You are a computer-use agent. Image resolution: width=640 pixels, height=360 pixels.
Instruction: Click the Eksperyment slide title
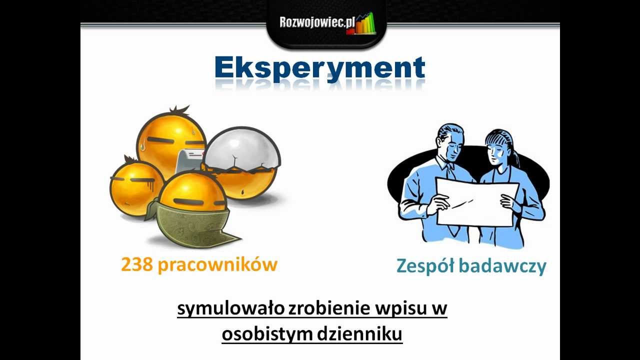[x=320, y=69]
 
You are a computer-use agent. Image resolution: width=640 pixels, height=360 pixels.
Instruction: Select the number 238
[x=137, y=264]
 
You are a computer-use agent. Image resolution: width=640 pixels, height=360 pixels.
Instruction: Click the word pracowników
[x=217, y=265]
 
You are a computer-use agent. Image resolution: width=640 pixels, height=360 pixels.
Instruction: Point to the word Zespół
[x=425, y=266]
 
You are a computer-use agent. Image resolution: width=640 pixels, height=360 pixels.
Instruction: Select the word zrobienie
[x=329, y=309]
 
